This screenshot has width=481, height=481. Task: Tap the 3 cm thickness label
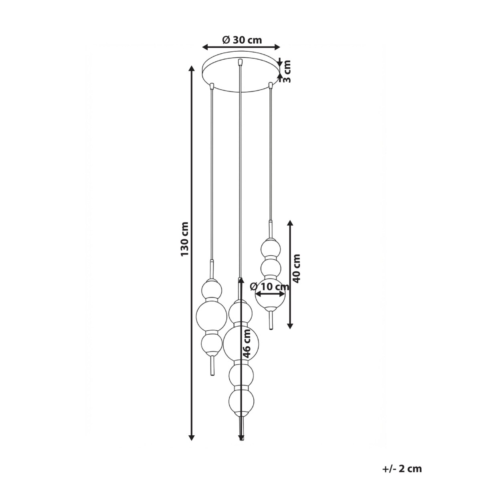point(287,71)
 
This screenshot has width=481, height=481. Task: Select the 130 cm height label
point(184,239)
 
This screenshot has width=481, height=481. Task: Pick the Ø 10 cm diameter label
point(269,287)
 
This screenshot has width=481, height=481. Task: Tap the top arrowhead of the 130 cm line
point(192,69)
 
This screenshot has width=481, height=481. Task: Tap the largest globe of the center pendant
point(240,344)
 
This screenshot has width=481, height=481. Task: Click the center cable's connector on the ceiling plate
point(240,62)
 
